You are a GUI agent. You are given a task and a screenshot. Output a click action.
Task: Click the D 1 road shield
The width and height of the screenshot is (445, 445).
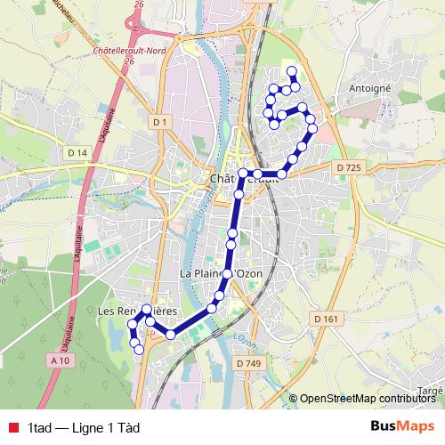pyautogui.click(x=159, y=121)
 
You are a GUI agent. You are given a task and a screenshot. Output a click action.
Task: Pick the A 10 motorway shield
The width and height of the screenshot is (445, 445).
pyautogui.click(x=60, y=360)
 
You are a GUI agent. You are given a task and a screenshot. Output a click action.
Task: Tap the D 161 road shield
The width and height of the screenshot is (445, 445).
pyautogui.click(x=327, y=318)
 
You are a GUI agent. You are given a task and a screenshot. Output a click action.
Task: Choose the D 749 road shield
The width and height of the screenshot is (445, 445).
pyautogui.click(x=249, y=364)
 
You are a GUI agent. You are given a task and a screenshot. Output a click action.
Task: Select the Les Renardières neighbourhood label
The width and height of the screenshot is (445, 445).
pyautogui.click(x=136, y=311)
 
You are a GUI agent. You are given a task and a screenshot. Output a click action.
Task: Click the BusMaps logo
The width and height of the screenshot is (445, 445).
pyautogui.click(x=401, y=426)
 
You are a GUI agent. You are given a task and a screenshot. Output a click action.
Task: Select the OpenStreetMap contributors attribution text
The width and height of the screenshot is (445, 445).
pyautogui.click(x=366, y=398)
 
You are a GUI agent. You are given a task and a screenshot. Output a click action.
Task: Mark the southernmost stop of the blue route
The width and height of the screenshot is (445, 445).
pyautogui.click(x=139, y=350)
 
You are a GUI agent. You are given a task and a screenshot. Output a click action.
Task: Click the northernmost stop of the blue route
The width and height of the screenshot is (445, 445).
pyautogui.click(x=292, y=71)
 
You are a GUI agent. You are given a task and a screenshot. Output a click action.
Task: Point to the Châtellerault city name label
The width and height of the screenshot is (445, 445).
pyautogui.click(x=244, y=179)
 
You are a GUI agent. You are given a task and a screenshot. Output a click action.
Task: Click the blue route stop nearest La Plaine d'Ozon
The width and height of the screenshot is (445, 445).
pyautogui.click(x=228, y=273)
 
